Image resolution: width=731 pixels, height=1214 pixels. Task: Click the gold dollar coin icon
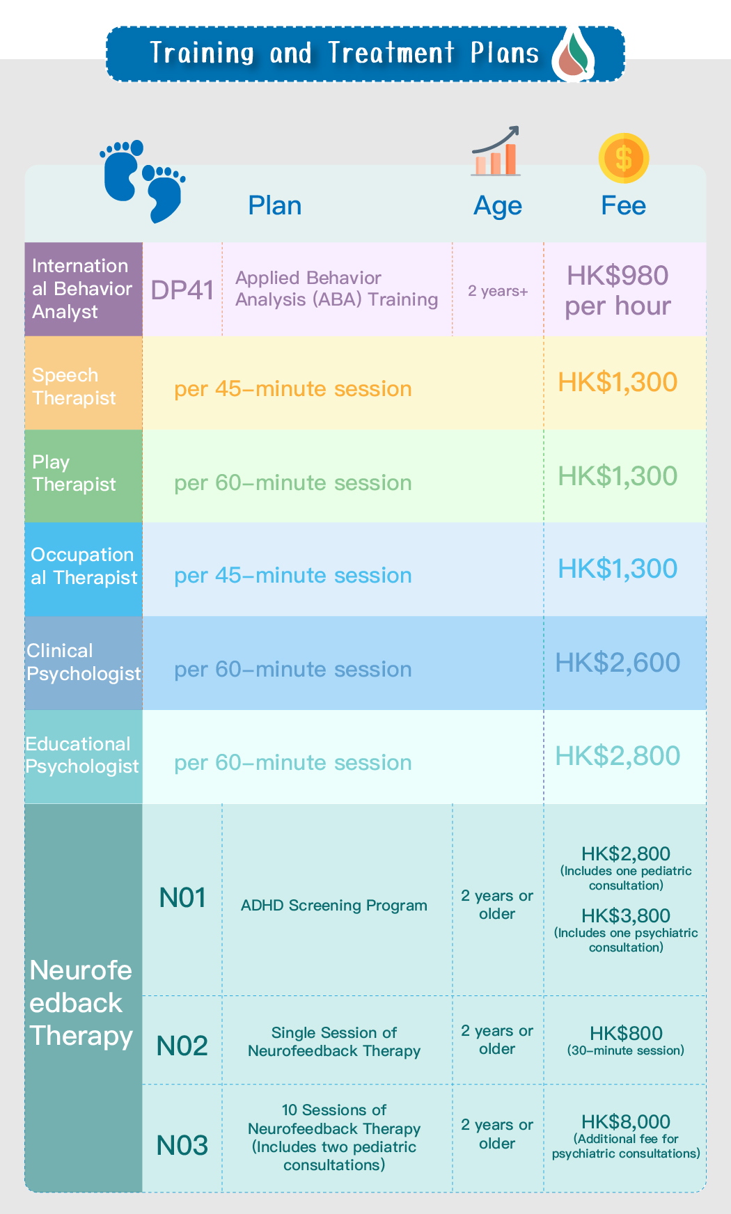pos(624,158)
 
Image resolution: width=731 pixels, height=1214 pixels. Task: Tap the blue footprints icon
pos(143,181)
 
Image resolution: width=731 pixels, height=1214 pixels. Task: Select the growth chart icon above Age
pos(496,151)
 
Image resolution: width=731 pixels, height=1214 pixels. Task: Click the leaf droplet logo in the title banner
pos(574,54)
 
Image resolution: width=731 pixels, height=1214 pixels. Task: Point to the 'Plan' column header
pos(275,206)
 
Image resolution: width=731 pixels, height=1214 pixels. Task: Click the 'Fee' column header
pos(624,206)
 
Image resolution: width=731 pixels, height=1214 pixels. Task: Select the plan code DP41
pos(182,290)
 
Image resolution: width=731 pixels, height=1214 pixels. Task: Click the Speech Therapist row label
pos(74,386)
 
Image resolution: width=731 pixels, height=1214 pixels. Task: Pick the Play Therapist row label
pos(74,473)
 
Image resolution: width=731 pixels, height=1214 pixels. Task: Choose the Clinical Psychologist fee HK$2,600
pos(618,663)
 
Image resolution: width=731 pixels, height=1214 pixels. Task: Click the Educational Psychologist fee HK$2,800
pos(618,756)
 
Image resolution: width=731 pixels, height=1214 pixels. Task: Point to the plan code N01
pos(183,898)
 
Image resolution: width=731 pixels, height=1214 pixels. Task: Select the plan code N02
pos(182,1046)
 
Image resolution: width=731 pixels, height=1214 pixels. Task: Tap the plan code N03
pos(182,1146)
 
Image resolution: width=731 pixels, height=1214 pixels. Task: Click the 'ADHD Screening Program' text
pos(334,906)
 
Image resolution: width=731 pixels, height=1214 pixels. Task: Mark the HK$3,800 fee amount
pos(626,916)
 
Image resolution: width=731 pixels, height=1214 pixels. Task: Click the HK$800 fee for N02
pos(626,1034)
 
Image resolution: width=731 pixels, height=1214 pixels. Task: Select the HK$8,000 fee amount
pos(626,1122)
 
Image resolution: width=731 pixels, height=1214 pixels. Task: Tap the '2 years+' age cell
pos(498,291)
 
